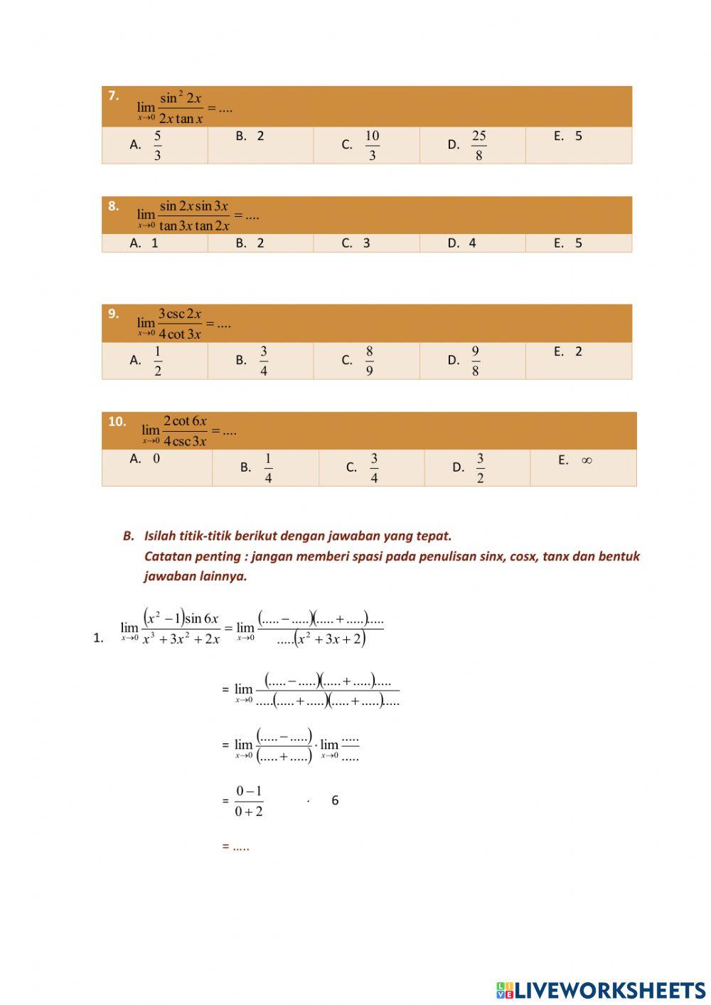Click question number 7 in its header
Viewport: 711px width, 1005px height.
[x=113, y=95]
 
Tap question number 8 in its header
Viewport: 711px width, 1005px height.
[x=113, y=206]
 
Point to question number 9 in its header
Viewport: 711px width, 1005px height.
[x=113, y=314]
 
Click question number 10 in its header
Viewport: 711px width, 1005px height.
[x=117, y=422]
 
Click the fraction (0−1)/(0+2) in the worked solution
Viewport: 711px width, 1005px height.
[x=249, y=801]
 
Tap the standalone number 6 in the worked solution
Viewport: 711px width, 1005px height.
[x=335, y=801]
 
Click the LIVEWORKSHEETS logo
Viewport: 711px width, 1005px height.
[x=601, y=990]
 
